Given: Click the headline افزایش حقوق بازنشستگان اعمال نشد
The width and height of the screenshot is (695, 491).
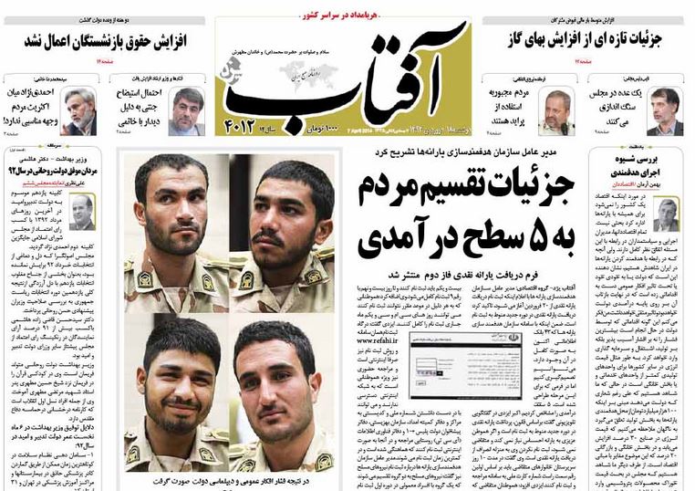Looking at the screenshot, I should tap(106, 41).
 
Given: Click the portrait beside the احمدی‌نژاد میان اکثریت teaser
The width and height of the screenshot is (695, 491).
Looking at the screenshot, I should tap(80, 110).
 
